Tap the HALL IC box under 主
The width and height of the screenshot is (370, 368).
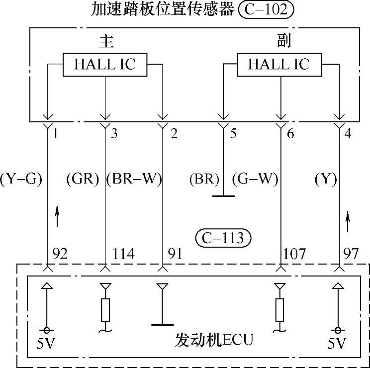(x=104, y=65)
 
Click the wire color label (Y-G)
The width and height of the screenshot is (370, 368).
(x=21, y=179)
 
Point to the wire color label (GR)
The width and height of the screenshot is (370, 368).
(x=83, y=179)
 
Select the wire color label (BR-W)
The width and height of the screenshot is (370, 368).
(x=134, y=179)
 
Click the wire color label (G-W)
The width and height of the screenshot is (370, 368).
(x=254, y=179)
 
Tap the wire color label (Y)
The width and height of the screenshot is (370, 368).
(x=326, y=179)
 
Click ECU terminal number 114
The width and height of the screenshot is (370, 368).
(x=123, y=254)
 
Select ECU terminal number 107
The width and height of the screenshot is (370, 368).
(x=294, y=254)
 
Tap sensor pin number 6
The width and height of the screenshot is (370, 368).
(x=290, y=134)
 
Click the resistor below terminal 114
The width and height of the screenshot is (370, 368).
(x=105, y=310)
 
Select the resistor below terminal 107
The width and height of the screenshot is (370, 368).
(x=279, y=310)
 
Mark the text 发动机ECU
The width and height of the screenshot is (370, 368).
(x=214, y=340)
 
